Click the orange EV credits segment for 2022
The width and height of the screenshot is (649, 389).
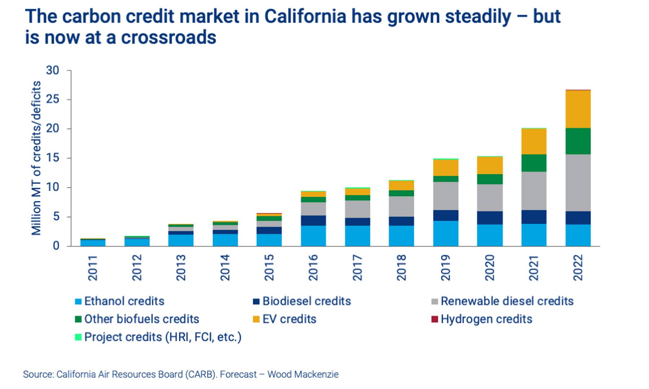coord(578,109)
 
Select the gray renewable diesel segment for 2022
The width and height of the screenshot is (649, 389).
coord(578,183)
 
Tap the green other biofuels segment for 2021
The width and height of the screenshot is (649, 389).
coord(534,163)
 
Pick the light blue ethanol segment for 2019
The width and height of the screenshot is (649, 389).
coord(446,233)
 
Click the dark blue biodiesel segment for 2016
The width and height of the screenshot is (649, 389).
coord(313,220)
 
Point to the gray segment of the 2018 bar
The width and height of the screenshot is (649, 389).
coord(401,206)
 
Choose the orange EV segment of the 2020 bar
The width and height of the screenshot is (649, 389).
coord(490,166)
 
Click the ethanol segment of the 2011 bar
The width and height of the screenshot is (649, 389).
coord(93,243)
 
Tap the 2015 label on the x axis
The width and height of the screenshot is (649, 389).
coord(269,268)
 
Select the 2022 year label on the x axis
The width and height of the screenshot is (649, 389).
coord(578,268)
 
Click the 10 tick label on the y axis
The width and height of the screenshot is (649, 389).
coord(52,187)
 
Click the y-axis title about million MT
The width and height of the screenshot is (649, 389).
coord(36,158)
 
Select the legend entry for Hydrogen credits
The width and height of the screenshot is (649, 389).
coord(482,319)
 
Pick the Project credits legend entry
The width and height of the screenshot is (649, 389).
coord(158,337)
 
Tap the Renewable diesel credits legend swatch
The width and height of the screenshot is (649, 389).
coord(435,301)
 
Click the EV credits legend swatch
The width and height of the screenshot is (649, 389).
coord(256,319)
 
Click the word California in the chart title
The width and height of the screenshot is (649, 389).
coord(305,17)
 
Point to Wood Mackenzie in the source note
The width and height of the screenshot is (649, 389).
coord(303,375)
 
